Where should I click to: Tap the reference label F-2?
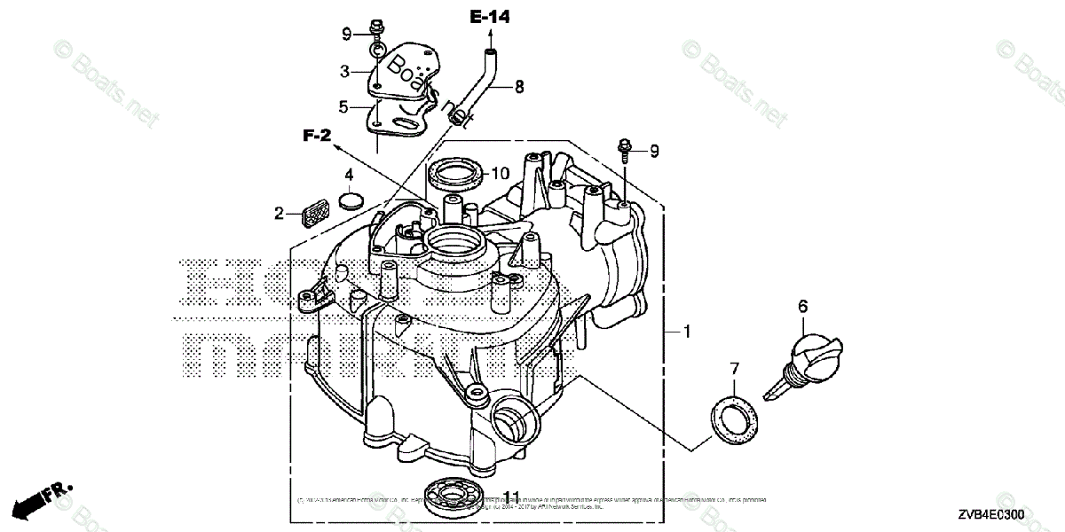click(x=317, y=136)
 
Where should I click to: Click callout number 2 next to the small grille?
click(x=279, y=213)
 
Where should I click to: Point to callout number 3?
click(x=343, y=70)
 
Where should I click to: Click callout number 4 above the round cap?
click(x=350, y=174)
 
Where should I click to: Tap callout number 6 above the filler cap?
click(x=802, y=307)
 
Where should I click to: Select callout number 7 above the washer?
click(x=734, y=367)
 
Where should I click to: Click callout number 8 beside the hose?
click(x=519, y=86)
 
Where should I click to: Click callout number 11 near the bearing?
click(x=511, y=497)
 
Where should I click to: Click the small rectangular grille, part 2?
click(x=313, y=213)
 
